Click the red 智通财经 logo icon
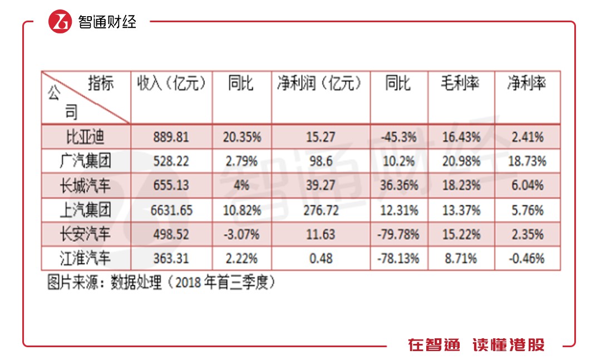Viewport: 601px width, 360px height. click(60, 22)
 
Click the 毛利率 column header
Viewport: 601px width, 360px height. click(460, 84)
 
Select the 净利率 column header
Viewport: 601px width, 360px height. click(526, 84)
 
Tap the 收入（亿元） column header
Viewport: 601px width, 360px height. click(171, 84)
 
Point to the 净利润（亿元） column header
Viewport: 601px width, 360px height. click(321, 84)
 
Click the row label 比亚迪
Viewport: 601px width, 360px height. click(86, 137)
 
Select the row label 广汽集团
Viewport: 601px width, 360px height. click(86, 161)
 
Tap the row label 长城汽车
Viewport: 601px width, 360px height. click(86, 185)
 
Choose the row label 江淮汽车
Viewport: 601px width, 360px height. click(86, 258)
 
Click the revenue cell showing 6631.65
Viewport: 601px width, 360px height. click(171, 210)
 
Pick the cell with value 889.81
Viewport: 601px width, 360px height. click(171, 137)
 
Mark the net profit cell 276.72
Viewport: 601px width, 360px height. click(321, 210)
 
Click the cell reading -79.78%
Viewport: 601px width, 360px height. click(398, 234)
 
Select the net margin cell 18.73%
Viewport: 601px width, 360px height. click(526, 161)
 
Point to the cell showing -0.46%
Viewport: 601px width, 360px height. click(526, 258)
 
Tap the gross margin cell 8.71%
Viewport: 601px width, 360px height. click(460, 258)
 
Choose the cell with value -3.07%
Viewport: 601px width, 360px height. click(242, 234)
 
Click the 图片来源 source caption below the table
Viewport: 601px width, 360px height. click(161, 283)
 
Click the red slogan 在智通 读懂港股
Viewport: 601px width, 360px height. click(476, 345)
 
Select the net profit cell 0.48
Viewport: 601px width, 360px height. click(321, 258)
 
